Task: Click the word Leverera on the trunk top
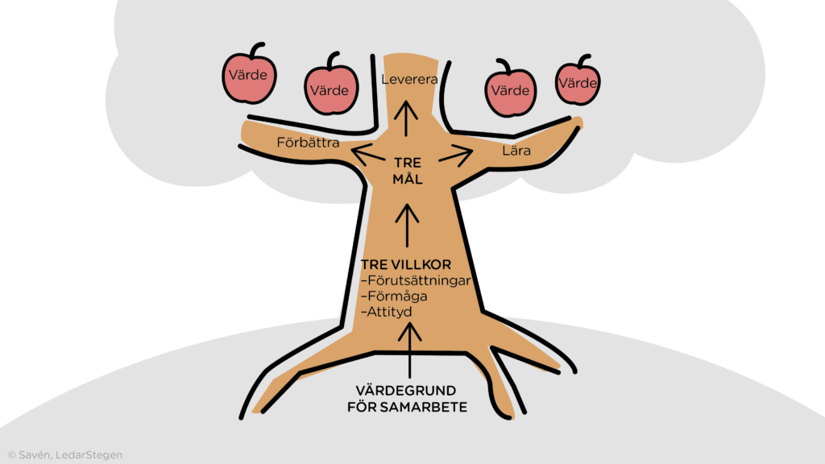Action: (408, 80)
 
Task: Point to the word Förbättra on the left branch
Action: (308, 143)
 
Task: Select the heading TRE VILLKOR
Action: (405, 265)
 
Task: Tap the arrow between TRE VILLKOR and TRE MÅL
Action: (408, 225)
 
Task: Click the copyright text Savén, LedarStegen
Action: (64, 455)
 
